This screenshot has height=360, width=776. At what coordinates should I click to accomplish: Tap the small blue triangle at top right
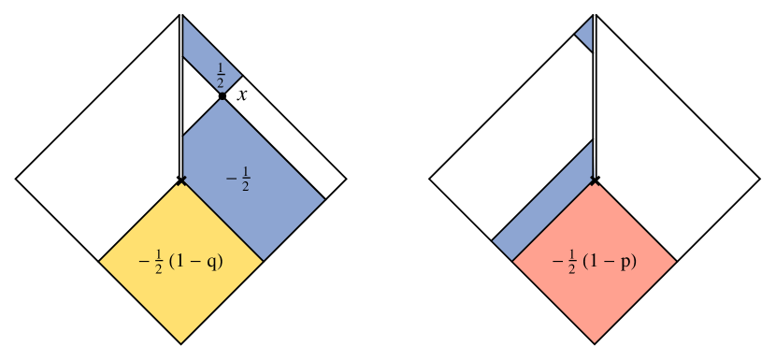pyautogui.click(x=586, y=34)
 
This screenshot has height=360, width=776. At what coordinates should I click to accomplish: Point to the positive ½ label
pyautogui.click(x=221, y=76)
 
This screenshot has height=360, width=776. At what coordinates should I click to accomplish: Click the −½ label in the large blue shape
pyautogui.click(x=238, y=179)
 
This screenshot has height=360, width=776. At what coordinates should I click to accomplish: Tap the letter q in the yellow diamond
pyautogui.click(x=212, y=262)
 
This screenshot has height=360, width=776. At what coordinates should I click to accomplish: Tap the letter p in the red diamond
pyautogui.click(x=626, y=261)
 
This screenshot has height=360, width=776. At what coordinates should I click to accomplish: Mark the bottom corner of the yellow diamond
pyautogui.click(x=181, y=342)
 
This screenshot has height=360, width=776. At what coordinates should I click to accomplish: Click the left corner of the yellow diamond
pyautogui.click(x=100, y=262)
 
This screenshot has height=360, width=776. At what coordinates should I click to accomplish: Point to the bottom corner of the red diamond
pyautogui.click(x=594, y=342)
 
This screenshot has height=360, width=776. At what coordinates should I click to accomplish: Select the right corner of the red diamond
pyautogui.click(x=675, y=262)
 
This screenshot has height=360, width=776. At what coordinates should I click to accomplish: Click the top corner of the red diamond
pyautogui.click(x=594, y=181)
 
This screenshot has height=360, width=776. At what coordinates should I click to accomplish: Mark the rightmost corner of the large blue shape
pyautogui.click(x=323, y=199)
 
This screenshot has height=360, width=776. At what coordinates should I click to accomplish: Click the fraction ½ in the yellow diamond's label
pyautogui.click(x=159, y=263)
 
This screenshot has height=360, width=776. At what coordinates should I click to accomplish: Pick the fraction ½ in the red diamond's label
pyautogui.click(x=572, y=262)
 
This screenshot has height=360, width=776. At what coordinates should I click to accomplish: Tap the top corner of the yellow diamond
pyautogui.click(x=181, y=181)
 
